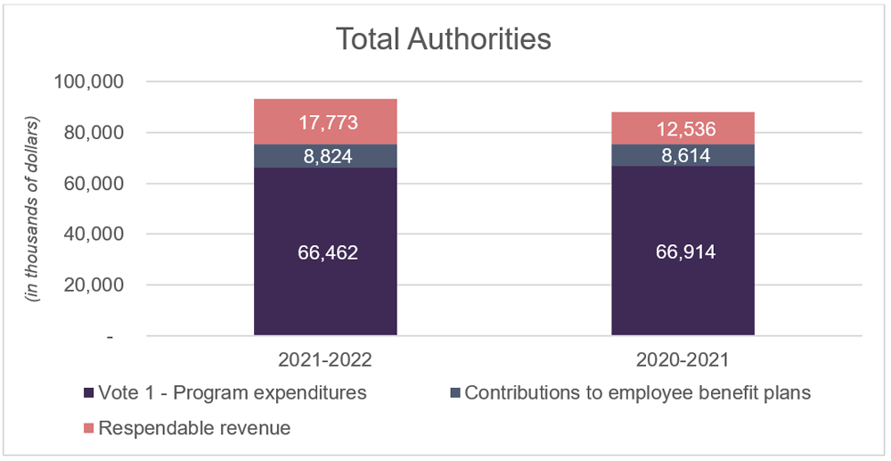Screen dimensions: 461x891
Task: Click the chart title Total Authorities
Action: tap(443, 39)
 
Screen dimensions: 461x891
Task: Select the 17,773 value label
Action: tap(326, 121)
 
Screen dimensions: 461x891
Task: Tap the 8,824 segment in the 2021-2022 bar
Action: tap(326, 156)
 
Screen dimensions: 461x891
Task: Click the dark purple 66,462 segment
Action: tap(326, 252)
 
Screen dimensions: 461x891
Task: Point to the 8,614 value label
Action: tap(683, 156)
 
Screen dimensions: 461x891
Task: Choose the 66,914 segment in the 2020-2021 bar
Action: tap(683, 252)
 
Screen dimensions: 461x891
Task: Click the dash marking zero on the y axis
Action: tap(110, 337)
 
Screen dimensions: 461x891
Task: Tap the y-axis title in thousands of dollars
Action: tap(36, 209)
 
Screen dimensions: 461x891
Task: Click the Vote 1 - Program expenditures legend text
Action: tap(233, 393)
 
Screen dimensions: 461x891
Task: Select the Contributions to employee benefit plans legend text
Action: tap(638, 393)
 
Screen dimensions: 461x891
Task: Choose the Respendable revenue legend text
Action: tap(194, 428)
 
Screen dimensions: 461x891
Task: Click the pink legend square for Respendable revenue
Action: tap(87, 429)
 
